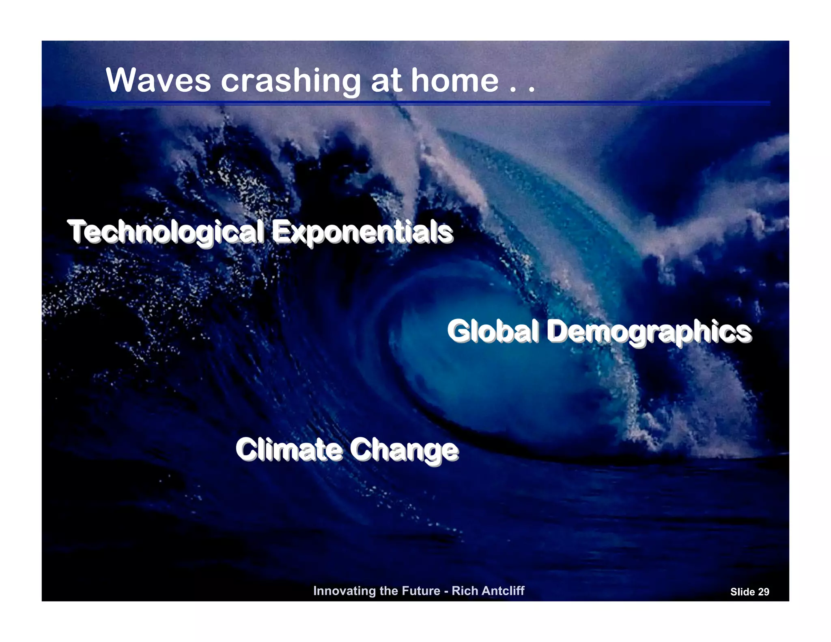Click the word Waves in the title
158,80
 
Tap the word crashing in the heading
291,81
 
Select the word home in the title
455,80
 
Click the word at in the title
386,80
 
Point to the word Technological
166,232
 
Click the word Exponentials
362,232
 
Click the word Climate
289,450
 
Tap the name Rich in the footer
463,591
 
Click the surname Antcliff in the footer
501,591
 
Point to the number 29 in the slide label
763,592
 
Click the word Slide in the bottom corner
742,592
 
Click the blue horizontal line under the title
418,103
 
